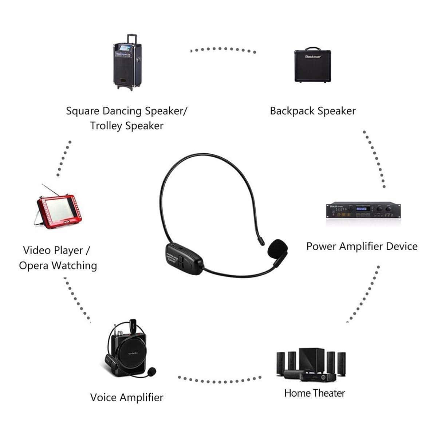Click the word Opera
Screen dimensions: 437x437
(35, 265)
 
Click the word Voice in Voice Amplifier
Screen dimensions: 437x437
(103, 397)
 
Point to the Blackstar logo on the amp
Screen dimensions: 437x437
(313, 57)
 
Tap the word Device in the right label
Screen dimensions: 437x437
(401, 246)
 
